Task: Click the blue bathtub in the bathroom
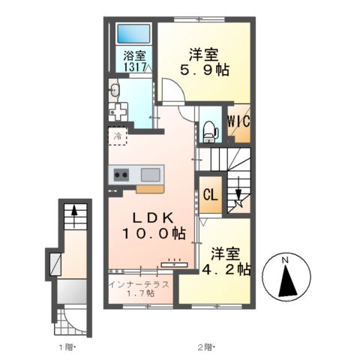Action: (x=133, y=34)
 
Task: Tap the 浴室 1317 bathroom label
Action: (x=134, y=61)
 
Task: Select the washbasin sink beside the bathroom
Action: (x=115, y=89)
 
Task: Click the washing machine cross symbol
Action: (x=118, y=112)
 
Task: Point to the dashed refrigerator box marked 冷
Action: (x=118, y=136)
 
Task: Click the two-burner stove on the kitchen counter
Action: (x=121, y=175)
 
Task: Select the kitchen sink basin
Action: (x=150, y=175)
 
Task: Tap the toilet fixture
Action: (x=210, y=132)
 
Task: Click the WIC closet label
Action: (x=238, y=121)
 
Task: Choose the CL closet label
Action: (x=211, y=195)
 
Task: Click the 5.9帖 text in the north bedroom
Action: (x=205, y=70)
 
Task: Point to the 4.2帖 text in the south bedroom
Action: (x=226, y=269)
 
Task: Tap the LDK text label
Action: (x=153, y=218)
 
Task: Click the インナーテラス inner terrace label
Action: (x=140, y=284)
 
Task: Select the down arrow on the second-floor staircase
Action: (x=238, y=191)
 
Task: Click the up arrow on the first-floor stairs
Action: (x=74, y=216)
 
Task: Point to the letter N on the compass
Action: (x=285, y=260)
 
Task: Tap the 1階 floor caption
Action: (x=65, y=347)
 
